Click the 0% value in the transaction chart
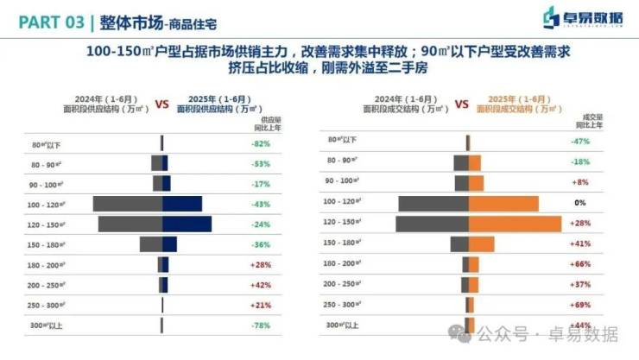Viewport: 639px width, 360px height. click(x=580, y=203)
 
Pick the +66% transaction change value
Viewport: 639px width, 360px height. click(x=580, y=263)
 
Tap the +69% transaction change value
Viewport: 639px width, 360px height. click(x=580, y=305)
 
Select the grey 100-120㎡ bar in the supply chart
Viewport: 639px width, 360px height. click(x=127, y=204)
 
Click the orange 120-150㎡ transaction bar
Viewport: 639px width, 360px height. click(x=515, y=224)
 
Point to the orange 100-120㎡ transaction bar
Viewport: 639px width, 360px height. click(x=503, y=204)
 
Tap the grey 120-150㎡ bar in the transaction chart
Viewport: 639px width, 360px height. click(x=432, y=224)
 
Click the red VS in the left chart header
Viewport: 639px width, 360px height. click(x=162, y=104)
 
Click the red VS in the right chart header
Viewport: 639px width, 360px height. click(x=461, y=104)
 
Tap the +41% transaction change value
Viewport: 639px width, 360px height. click(x=580, y=243)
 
